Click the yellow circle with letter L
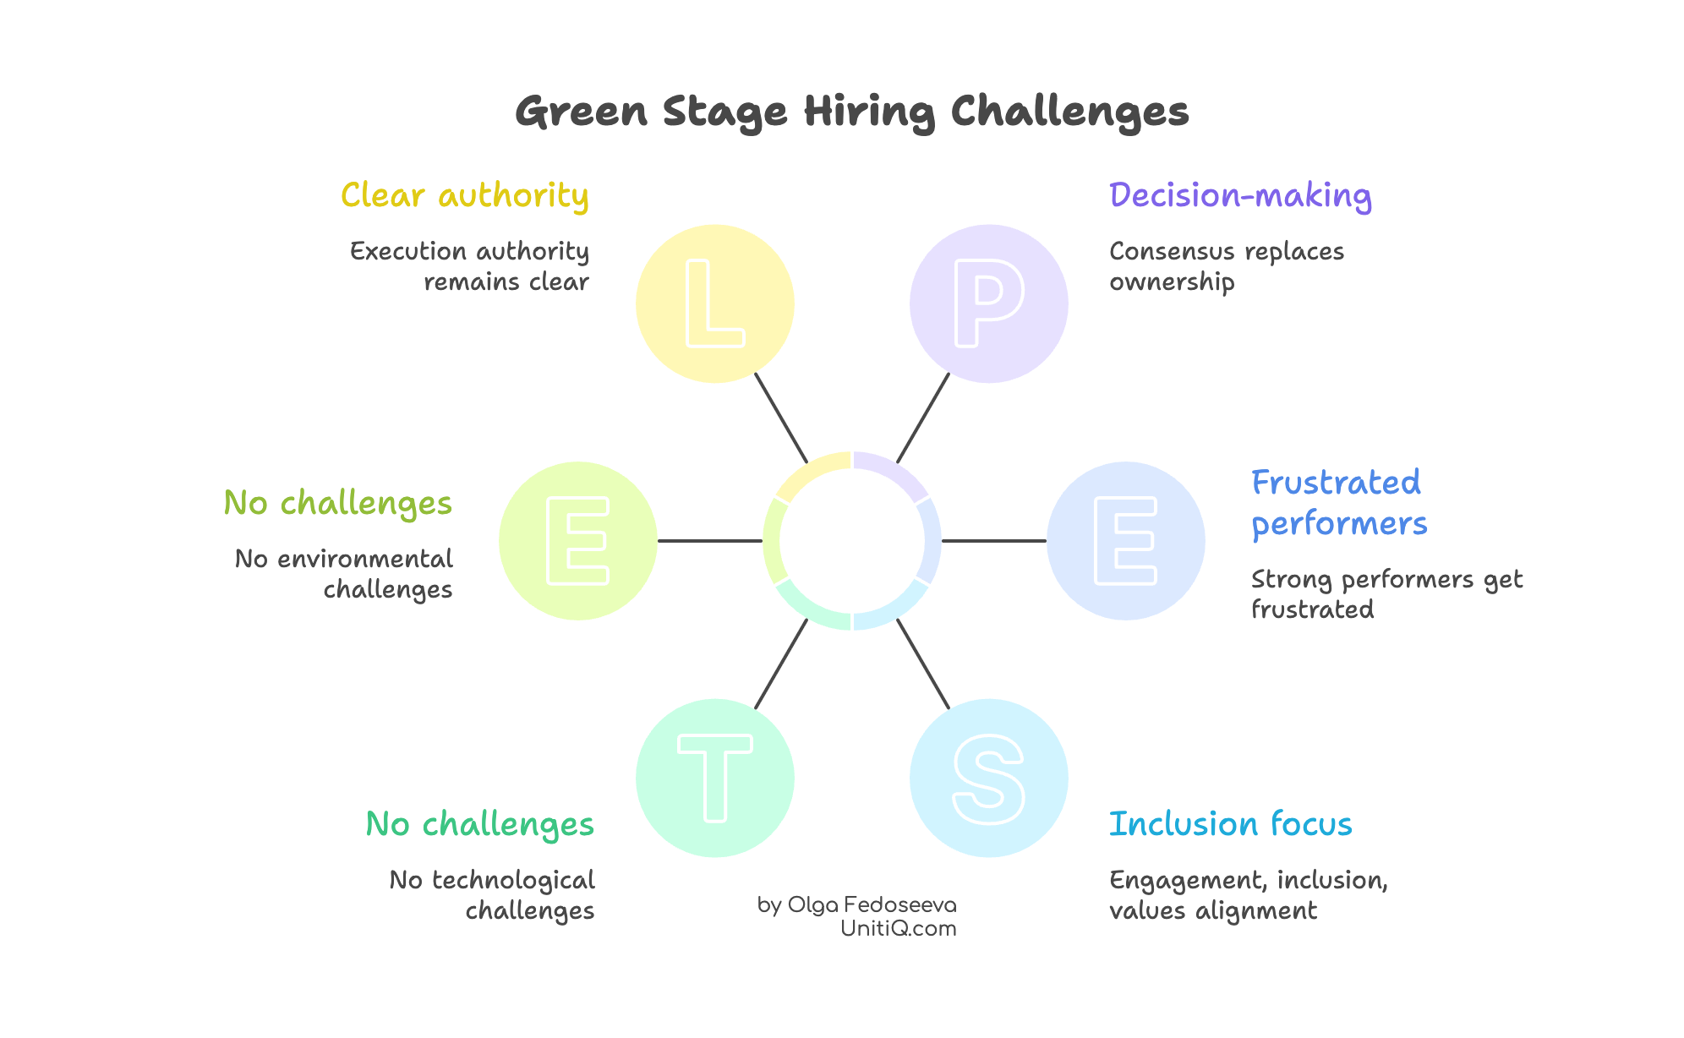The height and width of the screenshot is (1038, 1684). tap(714, 303)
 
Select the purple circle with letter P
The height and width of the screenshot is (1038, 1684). tap(988, 303)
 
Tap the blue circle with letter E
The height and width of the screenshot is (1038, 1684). tap(1125, 541)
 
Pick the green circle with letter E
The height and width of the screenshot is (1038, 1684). tap(577, 541)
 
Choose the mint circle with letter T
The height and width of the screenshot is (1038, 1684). tap(714, 778)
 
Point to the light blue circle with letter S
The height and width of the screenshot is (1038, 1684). tap(988, 778)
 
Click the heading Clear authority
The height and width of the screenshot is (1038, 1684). tap(464, 195)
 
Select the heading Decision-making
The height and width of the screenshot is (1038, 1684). tap(1239, 195)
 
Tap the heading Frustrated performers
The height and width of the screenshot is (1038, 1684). tap(1338, 503)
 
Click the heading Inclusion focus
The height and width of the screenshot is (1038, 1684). tap(1230, 824)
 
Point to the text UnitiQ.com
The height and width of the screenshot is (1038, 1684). tap(898, 928)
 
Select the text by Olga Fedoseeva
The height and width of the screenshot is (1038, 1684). tap(856, 904)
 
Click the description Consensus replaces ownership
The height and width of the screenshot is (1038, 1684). tap(1226, 266)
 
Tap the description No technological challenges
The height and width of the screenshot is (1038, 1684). tap(492, 894)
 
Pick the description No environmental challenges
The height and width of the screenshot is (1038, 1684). tap(344, 573)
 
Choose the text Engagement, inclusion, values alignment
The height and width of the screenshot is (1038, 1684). tap(1248, 894)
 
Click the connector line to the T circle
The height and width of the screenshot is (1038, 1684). tap(781, 664)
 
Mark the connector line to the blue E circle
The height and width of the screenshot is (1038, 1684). tap(993, 541)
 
